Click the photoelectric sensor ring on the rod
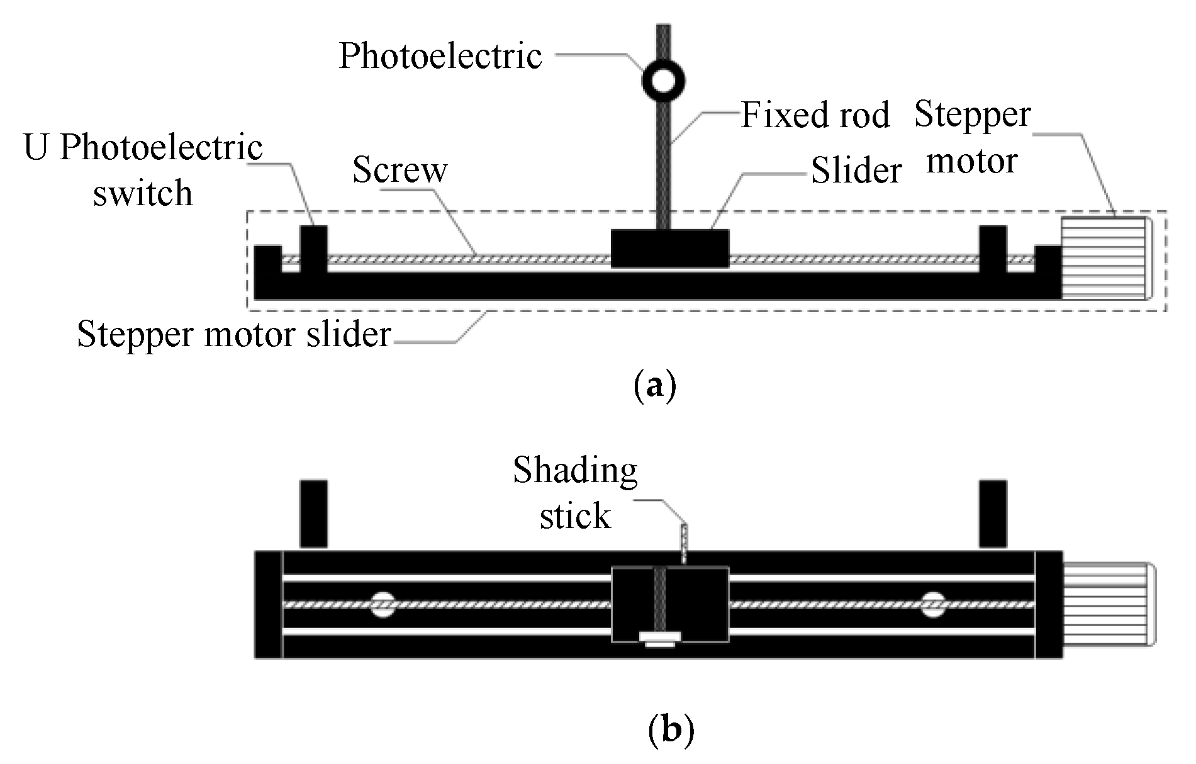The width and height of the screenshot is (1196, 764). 663,81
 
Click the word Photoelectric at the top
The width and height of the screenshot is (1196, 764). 440,55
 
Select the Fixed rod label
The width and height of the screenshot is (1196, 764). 815,115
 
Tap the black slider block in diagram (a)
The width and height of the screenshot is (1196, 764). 670,248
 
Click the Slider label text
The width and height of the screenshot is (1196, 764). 856,171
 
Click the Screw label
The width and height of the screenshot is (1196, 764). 400,170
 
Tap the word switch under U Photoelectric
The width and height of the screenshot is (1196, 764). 143,193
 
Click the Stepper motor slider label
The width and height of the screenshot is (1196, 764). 234,334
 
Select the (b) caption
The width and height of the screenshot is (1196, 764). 671,730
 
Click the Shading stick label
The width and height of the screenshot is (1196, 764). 575,493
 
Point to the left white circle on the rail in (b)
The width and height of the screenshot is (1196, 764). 383,605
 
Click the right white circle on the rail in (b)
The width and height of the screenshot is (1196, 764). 933,605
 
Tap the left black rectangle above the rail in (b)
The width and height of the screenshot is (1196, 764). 313,514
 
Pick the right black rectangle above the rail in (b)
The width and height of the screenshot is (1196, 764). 992,514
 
